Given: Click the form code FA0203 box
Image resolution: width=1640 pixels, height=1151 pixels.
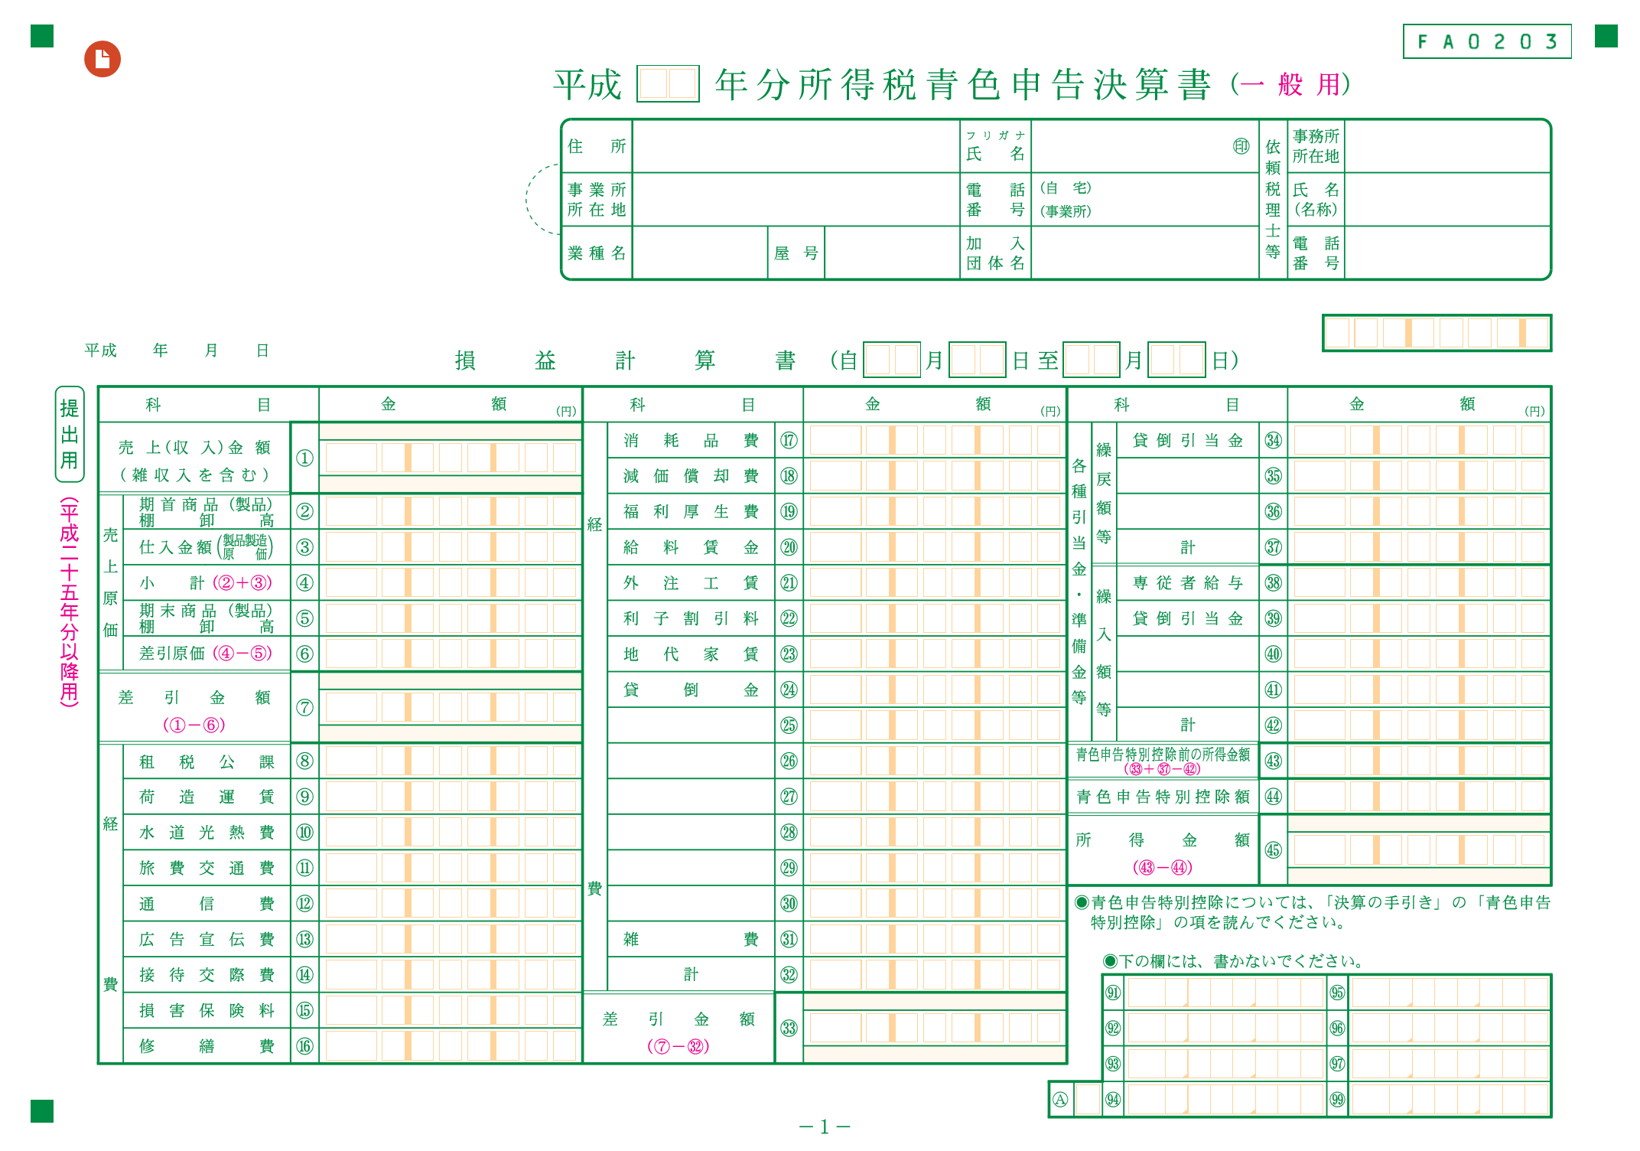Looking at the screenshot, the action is tap(1486, 41).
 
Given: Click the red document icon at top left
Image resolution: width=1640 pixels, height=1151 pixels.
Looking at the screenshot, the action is tap(102, 59).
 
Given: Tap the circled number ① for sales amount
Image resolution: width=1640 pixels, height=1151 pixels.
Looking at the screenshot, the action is tap(304, 458).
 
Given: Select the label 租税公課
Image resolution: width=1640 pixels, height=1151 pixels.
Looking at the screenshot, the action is tap(207, 761).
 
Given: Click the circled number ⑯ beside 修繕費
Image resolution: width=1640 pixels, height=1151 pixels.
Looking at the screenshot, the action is tap(304, 1046).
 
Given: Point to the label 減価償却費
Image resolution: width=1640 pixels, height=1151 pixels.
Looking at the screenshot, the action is tap(691, 476).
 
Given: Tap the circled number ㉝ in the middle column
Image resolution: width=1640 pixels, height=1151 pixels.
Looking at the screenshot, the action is tap(789, 1028).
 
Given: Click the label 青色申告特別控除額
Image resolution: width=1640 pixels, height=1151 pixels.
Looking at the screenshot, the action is tap(1163, 797).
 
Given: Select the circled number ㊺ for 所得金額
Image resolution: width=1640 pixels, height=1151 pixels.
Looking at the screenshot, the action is tap(1273, 849).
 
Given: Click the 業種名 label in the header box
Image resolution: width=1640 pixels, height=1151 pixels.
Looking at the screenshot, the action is tap(597, 253).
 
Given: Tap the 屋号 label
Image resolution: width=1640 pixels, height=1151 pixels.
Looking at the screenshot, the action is tap(796, 253).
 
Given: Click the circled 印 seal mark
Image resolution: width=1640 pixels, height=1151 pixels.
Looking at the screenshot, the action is tap(1241, 146).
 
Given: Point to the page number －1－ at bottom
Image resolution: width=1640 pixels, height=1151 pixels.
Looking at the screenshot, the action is tap(825, 1127).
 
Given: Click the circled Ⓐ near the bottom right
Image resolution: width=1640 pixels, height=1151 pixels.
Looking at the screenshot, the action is tap(1059, 1100).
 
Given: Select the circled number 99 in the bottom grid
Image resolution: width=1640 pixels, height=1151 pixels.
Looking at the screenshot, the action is tap(1337, 1100).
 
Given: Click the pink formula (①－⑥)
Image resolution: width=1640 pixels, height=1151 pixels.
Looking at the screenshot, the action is tap(194, 725).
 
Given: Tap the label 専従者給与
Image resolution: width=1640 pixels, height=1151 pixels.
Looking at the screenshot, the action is tap(1187, 583).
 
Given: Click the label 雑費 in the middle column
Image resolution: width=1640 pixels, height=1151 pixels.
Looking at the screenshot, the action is tap(691, 939).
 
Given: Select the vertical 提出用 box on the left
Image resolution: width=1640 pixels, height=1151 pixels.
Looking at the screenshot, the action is tap(70, 434).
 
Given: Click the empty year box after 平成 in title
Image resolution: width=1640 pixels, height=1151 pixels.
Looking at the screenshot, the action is tap(668, 84).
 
